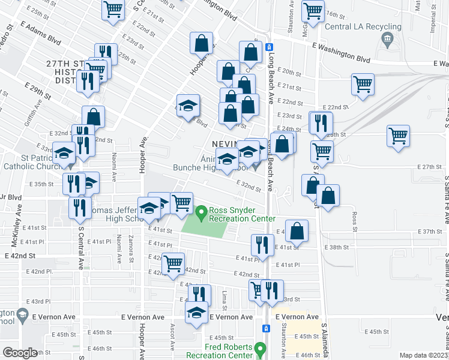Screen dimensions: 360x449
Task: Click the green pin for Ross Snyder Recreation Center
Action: click(202, 212)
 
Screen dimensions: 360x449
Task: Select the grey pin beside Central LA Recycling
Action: click(386, 40)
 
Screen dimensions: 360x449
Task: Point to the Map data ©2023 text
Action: click(423, 355)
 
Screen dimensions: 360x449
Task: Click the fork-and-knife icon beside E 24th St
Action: click(321, 122)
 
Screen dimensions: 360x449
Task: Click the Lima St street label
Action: click(224, 298)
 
